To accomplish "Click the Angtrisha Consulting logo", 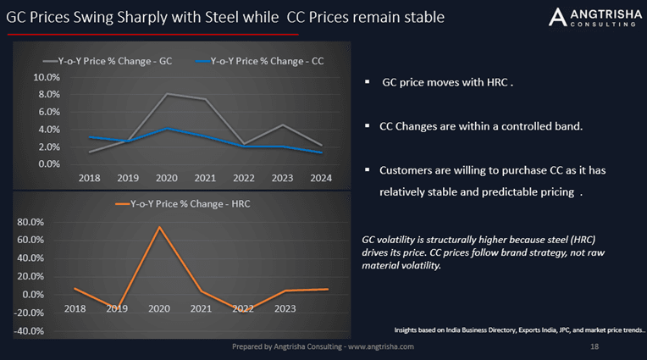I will point(590,17).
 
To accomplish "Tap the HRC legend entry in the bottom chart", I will point(181,204).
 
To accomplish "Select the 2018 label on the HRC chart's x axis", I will point(75,308).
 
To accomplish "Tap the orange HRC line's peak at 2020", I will point(158,227).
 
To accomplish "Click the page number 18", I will point(594,347).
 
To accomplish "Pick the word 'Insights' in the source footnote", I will point(410,329).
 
